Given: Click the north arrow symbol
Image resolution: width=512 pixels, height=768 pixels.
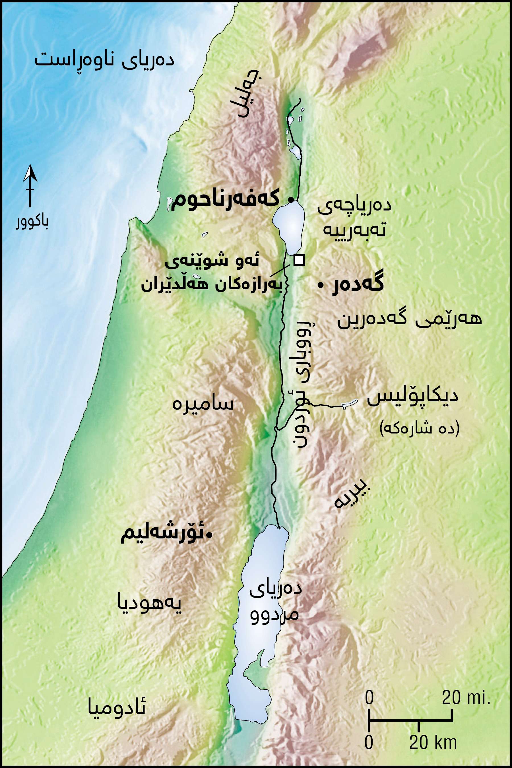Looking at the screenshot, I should tap(30, 185).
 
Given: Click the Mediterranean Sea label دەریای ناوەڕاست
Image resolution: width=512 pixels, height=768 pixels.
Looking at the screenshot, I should tap(104, 60).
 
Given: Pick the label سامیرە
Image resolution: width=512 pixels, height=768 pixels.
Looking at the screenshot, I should tap(203, 404).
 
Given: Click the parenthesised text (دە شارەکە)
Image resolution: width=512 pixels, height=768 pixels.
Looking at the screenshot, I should tap(420, 428).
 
